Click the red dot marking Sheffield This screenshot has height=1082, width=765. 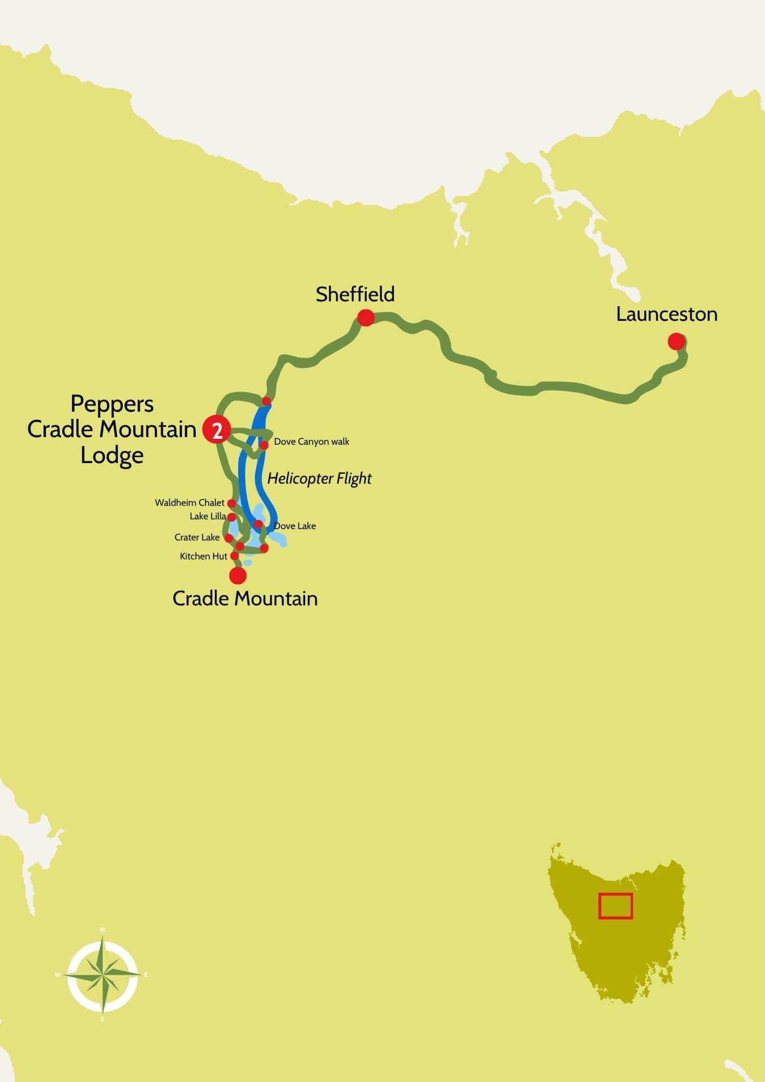[366, 318]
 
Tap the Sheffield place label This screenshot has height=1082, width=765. [355, 294]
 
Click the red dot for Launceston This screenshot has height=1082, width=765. [676, 341]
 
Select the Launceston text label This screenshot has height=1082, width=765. [667, 314]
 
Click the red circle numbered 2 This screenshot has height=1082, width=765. [217, 431]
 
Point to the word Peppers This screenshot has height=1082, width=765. [112, 404]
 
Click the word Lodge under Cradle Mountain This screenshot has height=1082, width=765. [112, 455]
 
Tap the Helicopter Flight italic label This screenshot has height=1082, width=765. [319, 478]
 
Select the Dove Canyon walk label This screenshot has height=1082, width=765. [312, 441]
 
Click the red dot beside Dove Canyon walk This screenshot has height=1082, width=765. [265, 445]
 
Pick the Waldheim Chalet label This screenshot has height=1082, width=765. [189, 503]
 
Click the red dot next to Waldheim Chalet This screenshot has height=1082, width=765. [232, 503]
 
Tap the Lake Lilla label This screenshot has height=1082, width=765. [207, 517]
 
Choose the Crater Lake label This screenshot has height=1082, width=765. [197, 537]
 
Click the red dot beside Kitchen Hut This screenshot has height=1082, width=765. [235, 556]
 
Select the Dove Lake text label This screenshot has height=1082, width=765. [295, 526]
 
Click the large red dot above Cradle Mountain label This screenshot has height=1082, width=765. [238, 576]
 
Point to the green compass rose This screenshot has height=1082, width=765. [102, 975]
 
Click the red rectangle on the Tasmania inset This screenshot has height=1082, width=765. [615, 906]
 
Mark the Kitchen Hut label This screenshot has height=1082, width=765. [203, 556]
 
